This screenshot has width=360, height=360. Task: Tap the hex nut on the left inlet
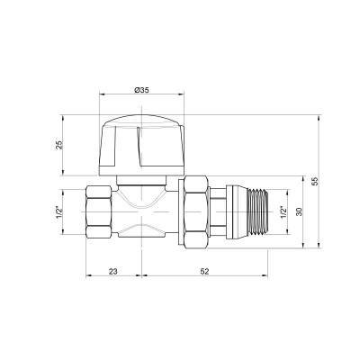[x=99, y=213]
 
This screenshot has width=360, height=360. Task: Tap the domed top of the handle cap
[x=141, y=120]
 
